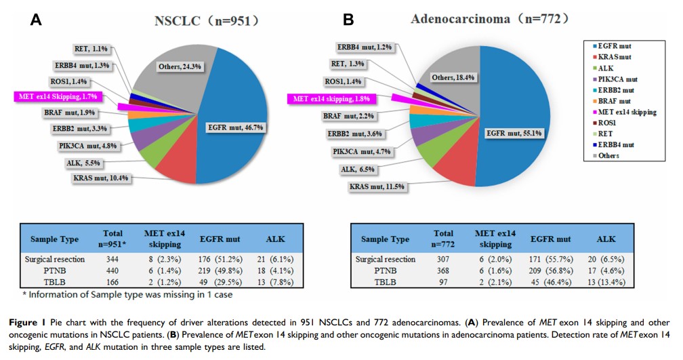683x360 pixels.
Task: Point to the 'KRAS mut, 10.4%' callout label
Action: [101, 178]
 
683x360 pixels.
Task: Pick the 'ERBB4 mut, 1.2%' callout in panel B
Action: [365, 47]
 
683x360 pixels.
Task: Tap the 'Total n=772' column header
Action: [444, 238]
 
